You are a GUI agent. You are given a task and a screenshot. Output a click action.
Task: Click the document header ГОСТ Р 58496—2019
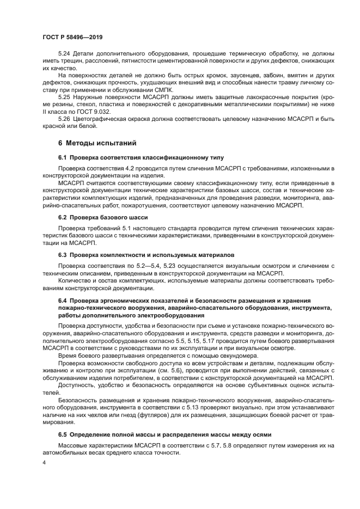(x=72, y=37)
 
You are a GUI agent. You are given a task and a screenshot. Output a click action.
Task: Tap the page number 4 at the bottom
(x=44, y=463)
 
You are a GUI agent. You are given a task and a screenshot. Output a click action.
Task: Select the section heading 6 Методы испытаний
(x=93, y=143)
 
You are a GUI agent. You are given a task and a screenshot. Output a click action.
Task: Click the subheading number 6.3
(x=64, y=254)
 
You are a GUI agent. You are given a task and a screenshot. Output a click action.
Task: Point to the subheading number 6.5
(x=64, y=435)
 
